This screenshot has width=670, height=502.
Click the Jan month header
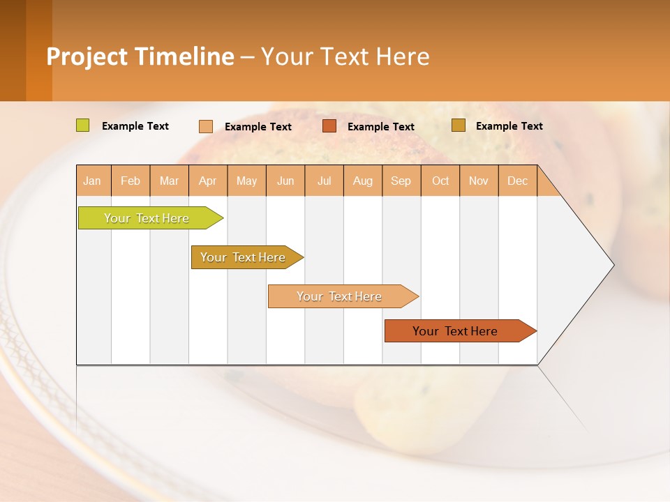(93, 181)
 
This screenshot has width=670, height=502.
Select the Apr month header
(208, 181)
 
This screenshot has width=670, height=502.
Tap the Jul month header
(325, 181)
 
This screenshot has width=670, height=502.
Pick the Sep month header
(401, 181)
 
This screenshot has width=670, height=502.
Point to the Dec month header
(518, 181)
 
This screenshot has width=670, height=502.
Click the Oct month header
(440, 181)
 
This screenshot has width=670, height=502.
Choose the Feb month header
(131, 181)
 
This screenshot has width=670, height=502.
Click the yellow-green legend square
(83, 125)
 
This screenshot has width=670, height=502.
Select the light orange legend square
(206, 126)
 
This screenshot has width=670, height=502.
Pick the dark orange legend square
(329, 125)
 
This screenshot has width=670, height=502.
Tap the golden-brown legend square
(458, 125)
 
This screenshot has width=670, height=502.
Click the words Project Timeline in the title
(140, 56)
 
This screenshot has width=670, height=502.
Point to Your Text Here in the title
(345, 56)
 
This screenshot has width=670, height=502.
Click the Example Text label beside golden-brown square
(509, 126)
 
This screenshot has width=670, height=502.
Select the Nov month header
(479, 181)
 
